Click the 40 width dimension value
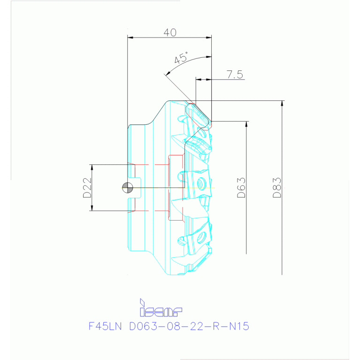point(170,32)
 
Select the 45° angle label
point(181,59)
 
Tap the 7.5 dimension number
point(234,74)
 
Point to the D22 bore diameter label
point(87,188)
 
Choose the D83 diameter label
point(277,188)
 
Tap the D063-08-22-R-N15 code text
point(189,326)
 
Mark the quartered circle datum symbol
point(127,188)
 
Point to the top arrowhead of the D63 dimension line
point(246,124)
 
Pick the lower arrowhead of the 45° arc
point(166,74)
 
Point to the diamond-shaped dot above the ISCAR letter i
point(141,300)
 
